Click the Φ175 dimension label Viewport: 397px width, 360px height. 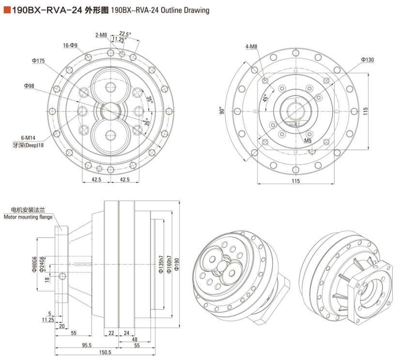38,61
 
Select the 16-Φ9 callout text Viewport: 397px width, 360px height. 70,45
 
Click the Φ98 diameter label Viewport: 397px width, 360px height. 29,86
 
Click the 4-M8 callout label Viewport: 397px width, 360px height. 251,47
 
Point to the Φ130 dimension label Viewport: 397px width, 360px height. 367,60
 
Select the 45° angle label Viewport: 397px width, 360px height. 264,99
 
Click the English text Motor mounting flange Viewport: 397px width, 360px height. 28,218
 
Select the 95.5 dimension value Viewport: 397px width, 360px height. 86,345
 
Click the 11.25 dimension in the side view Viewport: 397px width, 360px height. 47,320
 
